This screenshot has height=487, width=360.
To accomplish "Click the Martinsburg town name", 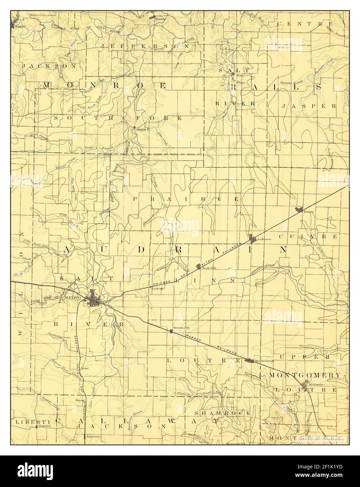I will pos(264,361).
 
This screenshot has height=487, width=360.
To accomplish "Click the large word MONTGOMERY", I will pos(304,375).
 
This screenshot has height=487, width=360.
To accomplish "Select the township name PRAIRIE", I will pos(186,199).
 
